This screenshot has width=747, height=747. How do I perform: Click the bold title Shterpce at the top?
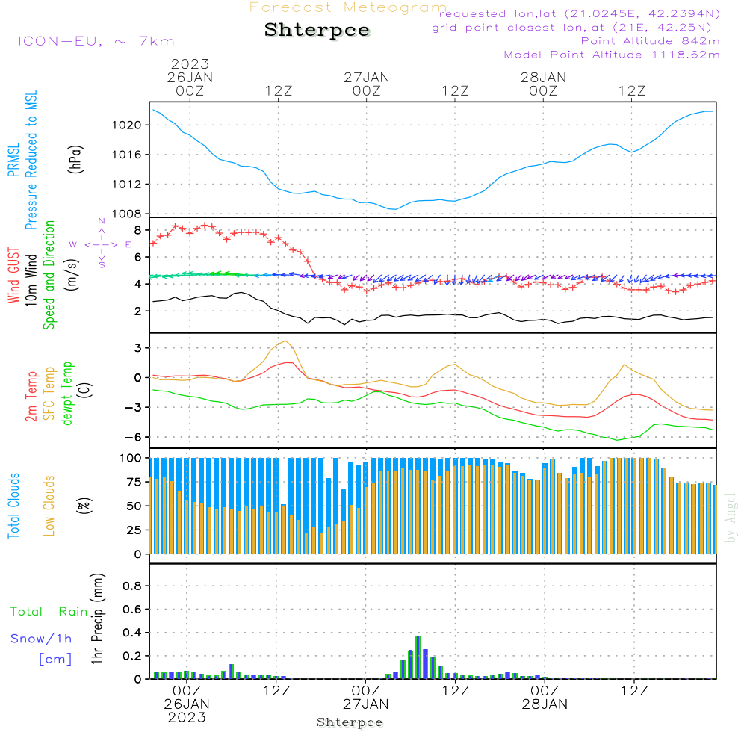(317, 31)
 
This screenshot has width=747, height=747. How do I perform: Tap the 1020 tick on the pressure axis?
(127, 125)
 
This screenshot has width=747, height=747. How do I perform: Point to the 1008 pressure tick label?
(127, 214)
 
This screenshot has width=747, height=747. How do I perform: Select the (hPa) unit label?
(75, 159)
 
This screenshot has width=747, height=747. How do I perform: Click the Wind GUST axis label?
(13, 276)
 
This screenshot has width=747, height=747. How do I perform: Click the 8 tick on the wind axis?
(137, 231)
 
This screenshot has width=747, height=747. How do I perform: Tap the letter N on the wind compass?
(102, 221)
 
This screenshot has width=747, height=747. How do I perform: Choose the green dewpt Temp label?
(67, 393)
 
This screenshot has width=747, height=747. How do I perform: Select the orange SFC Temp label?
(49, 394)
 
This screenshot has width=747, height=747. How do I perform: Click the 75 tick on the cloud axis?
(134, 482)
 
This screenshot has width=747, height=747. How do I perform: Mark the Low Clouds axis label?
(49, 506)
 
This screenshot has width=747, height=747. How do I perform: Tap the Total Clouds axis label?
(13, 506)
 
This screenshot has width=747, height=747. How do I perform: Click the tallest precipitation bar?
(418, 657)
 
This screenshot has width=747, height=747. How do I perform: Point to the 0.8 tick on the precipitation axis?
(132, 586)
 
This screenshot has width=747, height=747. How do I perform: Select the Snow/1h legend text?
(41, 639)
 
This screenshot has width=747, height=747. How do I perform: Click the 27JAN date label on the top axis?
(366, 78)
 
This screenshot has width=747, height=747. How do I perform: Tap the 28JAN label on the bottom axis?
(545, 704)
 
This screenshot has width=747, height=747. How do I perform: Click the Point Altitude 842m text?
(650, 41)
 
